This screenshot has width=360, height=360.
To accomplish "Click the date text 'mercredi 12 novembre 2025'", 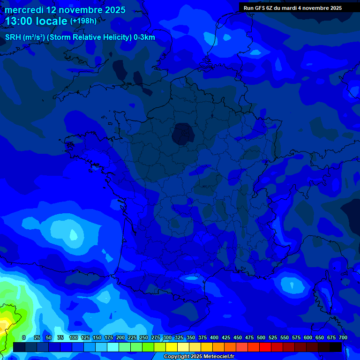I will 65,10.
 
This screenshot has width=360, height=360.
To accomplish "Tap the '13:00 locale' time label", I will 36,21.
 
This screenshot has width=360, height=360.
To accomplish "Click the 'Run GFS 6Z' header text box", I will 292,8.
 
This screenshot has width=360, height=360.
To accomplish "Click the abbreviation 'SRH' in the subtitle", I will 13,37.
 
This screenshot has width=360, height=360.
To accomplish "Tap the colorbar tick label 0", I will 24,337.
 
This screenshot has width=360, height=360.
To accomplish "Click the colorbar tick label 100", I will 74,337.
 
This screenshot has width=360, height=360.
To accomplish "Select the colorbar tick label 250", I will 144,337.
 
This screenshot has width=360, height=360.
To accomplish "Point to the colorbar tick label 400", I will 214,337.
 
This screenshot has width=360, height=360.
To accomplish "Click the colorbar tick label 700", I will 343,337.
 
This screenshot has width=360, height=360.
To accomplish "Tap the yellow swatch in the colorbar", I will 172,347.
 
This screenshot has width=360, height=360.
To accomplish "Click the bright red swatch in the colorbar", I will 265,347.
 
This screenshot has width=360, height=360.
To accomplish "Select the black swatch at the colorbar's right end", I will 336,347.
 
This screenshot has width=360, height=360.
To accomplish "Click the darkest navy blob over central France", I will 183,134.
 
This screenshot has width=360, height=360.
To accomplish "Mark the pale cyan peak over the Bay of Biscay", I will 74,234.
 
